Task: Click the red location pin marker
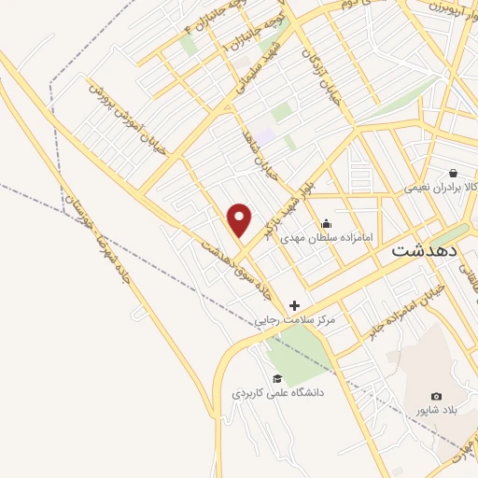click(240, 220)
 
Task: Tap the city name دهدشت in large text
click(424, 251)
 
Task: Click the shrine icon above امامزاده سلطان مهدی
click(326, 223)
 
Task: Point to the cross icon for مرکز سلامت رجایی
click(295, 305)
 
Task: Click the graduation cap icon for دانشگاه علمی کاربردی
click(277, 378)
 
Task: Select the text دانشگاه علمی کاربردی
click(277, 393)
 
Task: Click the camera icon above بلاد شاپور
click(436, 396)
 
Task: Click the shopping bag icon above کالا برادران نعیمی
click(453, 173)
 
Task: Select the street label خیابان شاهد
click(260, 152)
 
